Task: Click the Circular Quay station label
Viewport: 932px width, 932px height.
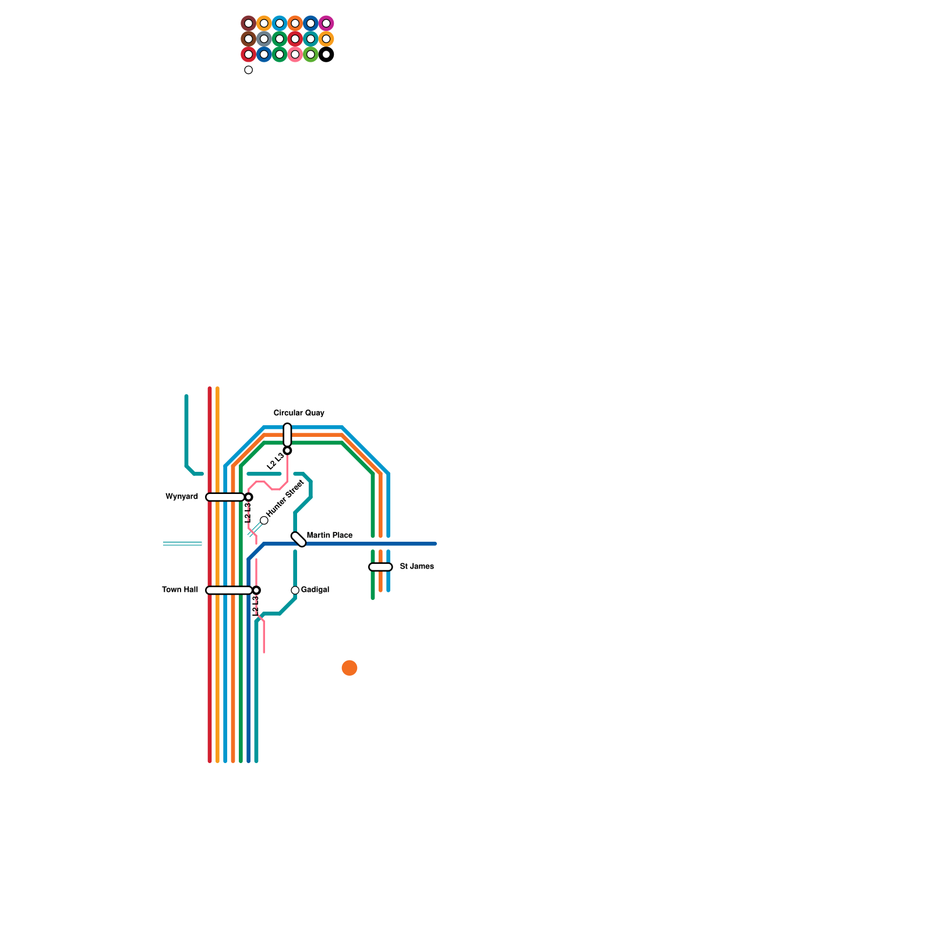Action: point(299,413)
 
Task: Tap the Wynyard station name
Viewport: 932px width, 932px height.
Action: point(182,497)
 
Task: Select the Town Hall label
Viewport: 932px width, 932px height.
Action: point(180,590)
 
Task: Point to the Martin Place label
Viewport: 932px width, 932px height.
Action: point(329,535)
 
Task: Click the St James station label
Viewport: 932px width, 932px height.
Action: point(416,567)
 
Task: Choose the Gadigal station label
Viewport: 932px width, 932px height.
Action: point(315,590)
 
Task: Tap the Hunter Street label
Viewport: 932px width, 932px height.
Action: point(285,498)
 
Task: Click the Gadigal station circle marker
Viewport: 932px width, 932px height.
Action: point(295,591)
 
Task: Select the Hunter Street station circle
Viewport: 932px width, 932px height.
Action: point(264,520)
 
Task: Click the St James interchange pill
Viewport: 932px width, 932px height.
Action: point(380,567)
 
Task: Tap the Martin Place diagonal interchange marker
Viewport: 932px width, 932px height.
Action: point(298,539)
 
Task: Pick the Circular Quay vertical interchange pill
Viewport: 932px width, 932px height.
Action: point(287,435)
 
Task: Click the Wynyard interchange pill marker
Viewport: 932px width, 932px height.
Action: point(225,497)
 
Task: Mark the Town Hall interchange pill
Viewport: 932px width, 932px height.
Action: point(229,591)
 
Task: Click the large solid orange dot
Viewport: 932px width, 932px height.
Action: point(349,668)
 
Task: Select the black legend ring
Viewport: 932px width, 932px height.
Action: point(326,55)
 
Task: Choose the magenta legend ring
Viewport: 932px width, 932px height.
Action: point(326,23)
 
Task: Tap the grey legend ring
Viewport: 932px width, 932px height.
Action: point(264,39)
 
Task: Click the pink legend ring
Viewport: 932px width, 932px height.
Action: point(295,55)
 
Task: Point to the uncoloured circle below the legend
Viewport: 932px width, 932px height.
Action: point(249,70)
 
